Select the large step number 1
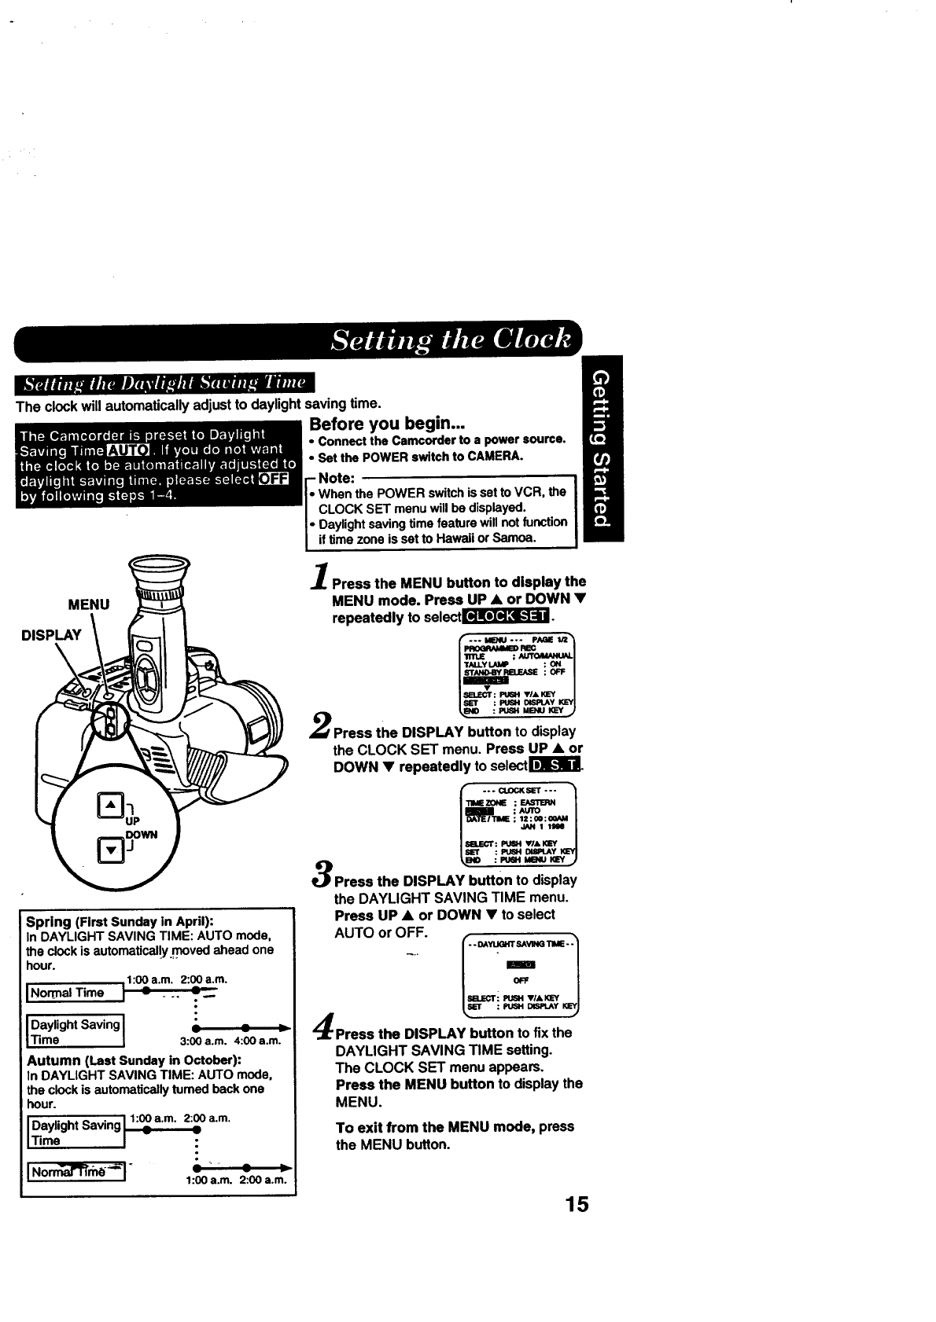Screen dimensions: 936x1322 click(319, 576)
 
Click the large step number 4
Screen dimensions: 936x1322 click(322, 1026)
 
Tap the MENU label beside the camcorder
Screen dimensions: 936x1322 click(89, 604)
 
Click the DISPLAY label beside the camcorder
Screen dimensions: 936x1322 click(52, 635)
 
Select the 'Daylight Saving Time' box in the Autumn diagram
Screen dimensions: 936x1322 click(76, 1133)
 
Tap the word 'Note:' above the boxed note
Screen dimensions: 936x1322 click(337, 478)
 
